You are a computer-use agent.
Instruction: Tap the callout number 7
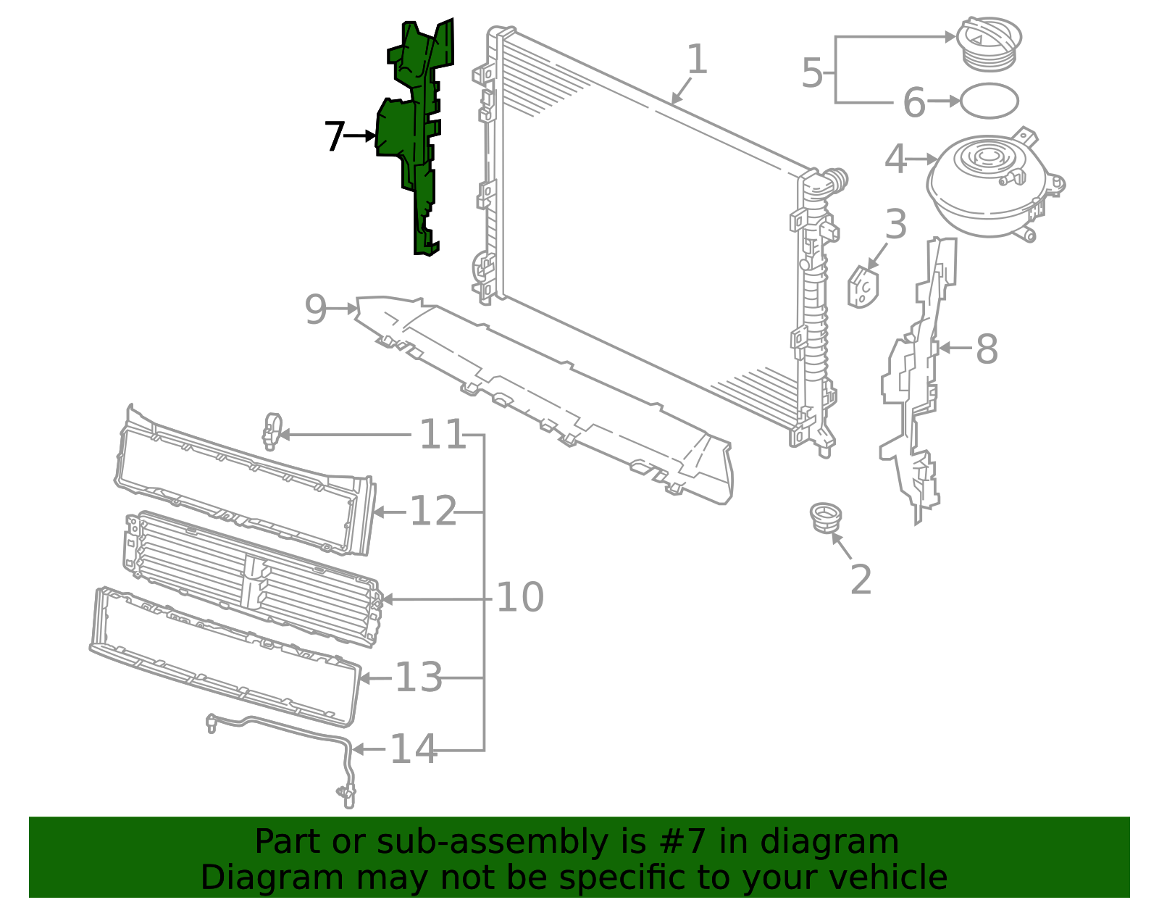click(x=335, y=136)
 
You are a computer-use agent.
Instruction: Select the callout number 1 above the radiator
click(x=696, y=59)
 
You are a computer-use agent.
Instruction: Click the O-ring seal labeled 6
click(x=989, y=101)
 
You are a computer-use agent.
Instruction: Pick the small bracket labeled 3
click(x=863, y=287)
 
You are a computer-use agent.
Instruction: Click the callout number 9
click(x=316, y=310)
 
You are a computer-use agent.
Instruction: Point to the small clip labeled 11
click(x=272, y=431)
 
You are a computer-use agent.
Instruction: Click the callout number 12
click(x=433, y=512)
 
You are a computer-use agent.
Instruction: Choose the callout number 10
click(x=519, y=598)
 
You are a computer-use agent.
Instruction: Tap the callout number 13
click(x=418, y=677)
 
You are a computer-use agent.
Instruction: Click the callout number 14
click(x=414, y=749)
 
